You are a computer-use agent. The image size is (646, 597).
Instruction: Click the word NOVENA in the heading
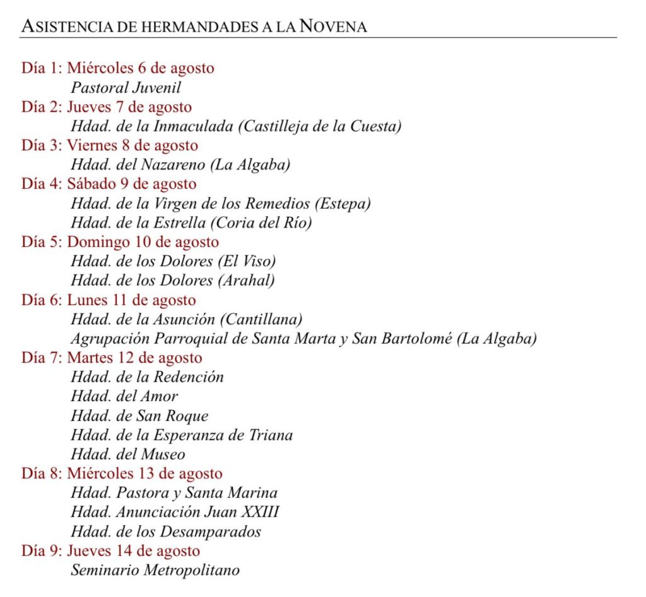click(x=333, y=27)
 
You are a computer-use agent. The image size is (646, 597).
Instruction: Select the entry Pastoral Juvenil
click(x=126, y=87)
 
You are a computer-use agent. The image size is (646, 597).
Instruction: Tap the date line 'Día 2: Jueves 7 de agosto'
click(x=107, y=107)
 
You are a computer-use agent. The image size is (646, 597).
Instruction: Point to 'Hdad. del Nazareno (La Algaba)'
click(x=180, y=165)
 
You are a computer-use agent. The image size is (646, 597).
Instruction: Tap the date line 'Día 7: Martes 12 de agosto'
click(x=112, y=358)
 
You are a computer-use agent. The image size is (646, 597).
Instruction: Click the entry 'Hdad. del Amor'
click(x=124, y=396)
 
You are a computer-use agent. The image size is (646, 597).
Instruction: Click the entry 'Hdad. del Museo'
click(x=128, y=454)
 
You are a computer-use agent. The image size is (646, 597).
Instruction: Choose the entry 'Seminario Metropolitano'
click(x=155, y=570)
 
